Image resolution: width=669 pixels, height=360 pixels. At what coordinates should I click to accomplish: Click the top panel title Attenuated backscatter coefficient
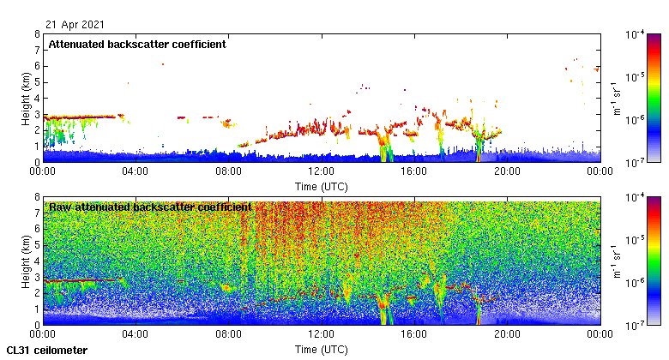tap(137, 45)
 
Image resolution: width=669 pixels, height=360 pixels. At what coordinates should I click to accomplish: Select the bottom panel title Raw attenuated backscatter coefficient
tap(150, 207)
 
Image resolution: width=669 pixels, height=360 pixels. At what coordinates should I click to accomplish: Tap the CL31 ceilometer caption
tap(46, 351)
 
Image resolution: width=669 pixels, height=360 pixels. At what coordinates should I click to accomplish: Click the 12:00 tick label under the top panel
tap(322, 171)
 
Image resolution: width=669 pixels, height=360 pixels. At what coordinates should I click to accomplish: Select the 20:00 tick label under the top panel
tap(507, 171)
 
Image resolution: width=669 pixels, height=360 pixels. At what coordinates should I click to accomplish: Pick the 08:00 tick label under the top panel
tap(229, 171)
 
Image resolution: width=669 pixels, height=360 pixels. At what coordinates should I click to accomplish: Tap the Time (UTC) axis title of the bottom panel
tap(322, 349)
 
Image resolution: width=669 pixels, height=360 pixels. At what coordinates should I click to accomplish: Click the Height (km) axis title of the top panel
tap(27, 99)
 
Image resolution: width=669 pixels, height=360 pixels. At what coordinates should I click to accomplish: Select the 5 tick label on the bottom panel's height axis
tap(36, 245)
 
